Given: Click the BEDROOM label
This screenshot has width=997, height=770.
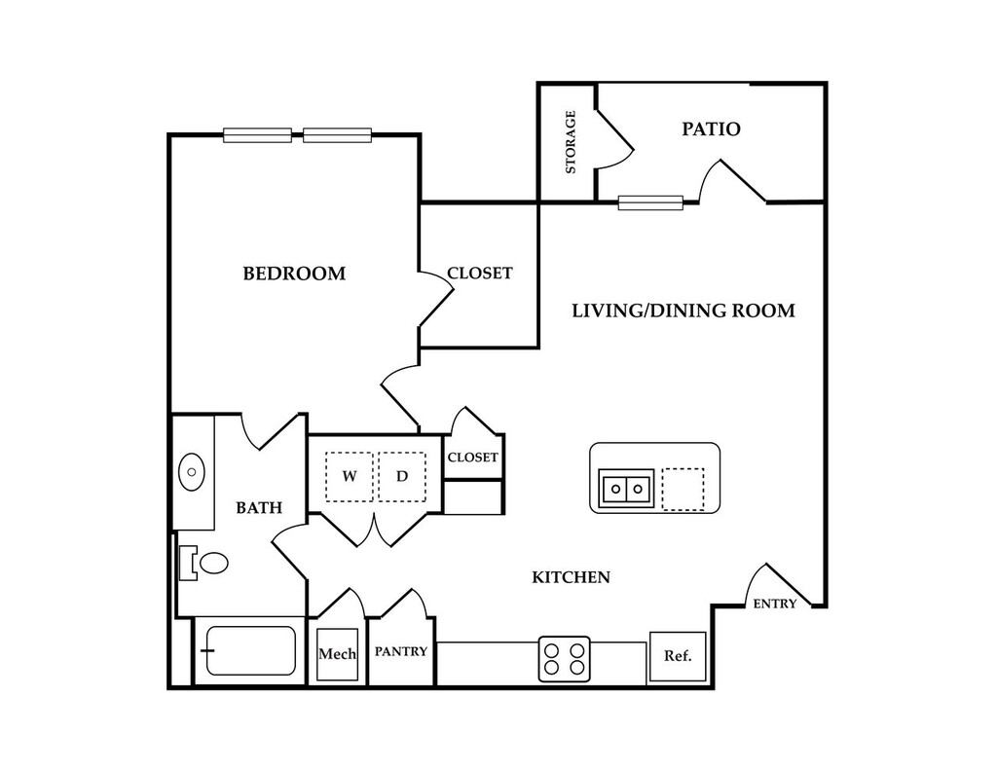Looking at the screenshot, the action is coord(294,274).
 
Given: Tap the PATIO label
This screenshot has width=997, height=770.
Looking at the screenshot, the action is coord(711,129).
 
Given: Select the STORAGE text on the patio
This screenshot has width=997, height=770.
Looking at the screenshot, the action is coord(571,142).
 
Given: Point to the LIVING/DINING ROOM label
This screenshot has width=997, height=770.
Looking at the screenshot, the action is coord(683,311).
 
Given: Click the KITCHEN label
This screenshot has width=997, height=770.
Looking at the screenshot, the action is coord(571,577).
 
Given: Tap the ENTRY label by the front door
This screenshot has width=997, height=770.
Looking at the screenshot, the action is coord(774,604).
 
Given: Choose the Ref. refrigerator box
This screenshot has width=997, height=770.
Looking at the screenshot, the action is coord(678,657).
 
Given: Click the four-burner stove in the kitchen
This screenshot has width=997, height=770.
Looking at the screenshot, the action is coord(565,659).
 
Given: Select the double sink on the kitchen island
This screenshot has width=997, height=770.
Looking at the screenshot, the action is coord(626,489).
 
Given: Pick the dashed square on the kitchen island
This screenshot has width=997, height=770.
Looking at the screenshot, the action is coord(683,489).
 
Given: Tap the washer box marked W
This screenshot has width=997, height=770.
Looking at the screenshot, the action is coord(350,476).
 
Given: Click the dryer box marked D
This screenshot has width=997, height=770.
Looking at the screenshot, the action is coord(402,476).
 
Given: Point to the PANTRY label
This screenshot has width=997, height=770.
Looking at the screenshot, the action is coord(400,652).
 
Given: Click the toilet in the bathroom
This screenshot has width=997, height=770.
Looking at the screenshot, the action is coord(204,563).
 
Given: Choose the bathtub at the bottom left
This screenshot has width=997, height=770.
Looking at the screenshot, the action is coord(250,650).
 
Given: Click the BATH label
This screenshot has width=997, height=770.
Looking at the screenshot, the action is coord(259,507).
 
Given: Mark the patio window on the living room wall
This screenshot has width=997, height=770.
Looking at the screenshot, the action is coord(650,202).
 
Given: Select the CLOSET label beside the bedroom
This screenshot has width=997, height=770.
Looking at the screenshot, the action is coord(479,274).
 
